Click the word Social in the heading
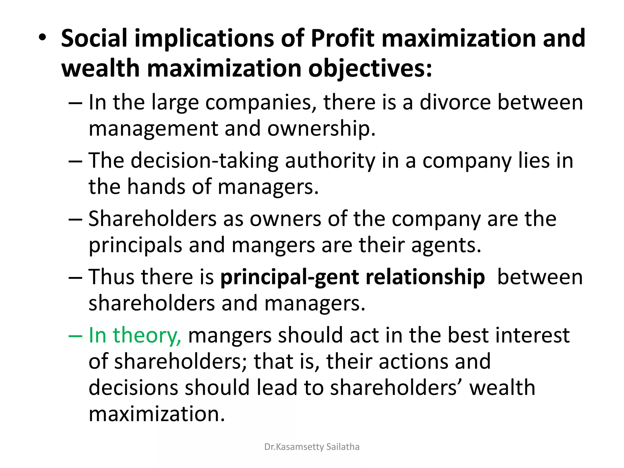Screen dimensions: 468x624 [94, 38]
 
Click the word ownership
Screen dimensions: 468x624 [321, 128]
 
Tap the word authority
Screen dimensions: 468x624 [330, 161]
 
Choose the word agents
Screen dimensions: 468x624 [446, 245]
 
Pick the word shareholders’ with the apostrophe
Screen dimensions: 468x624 [396, 388]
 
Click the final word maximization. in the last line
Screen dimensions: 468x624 [157, 414]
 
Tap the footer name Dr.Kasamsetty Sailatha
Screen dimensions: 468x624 [312, 447]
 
